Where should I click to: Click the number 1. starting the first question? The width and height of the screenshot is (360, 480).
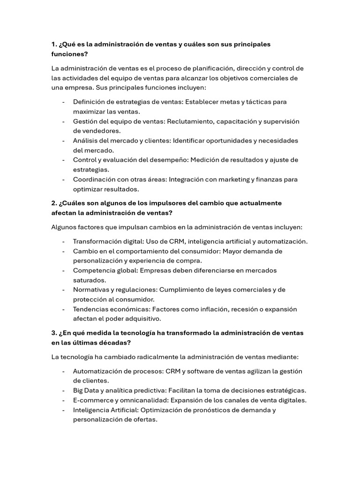point(54,44)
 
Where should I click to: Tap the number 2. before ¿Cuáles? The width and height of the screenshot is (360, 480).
point(54,203)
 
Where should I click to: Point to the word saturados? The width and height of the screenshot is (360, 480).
point(89,280)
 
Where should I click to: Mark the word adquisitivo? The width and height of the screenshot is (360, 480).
point(142,319)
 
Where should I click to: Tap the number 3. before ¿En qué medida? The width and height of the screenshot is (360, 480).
point(54,333)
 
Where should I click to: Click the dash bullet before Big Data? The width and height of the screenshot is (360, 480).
point(63,390)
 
